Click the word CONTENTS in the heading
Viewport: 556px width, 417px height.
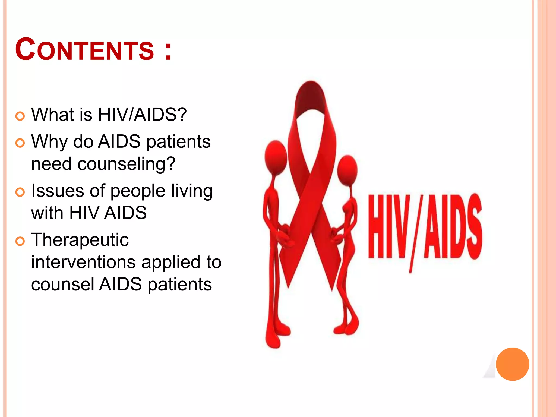click(84, 50)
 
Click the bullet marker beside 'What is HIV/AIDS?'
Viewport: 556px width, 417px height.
click(20, 116)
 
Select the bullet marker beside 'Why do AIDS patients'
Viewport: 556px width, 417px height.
click(20, 143)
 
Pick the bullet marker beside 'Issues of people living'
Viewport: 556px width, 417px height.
click(20, 192)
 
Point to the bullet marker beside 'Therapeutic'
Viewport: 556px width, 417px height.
click(20, 241)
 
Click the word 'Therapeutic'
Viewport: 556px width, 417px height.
click(80, 240)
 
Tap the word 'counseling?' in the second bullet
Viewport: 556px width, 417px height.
click(127, 164)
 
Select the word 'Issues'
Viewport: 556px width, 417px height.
click(58, 191)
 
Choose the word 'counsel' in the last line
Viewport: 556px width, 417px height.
click(63, 284)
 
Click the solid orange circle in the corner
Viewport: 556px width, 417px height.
click(512, 364)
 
